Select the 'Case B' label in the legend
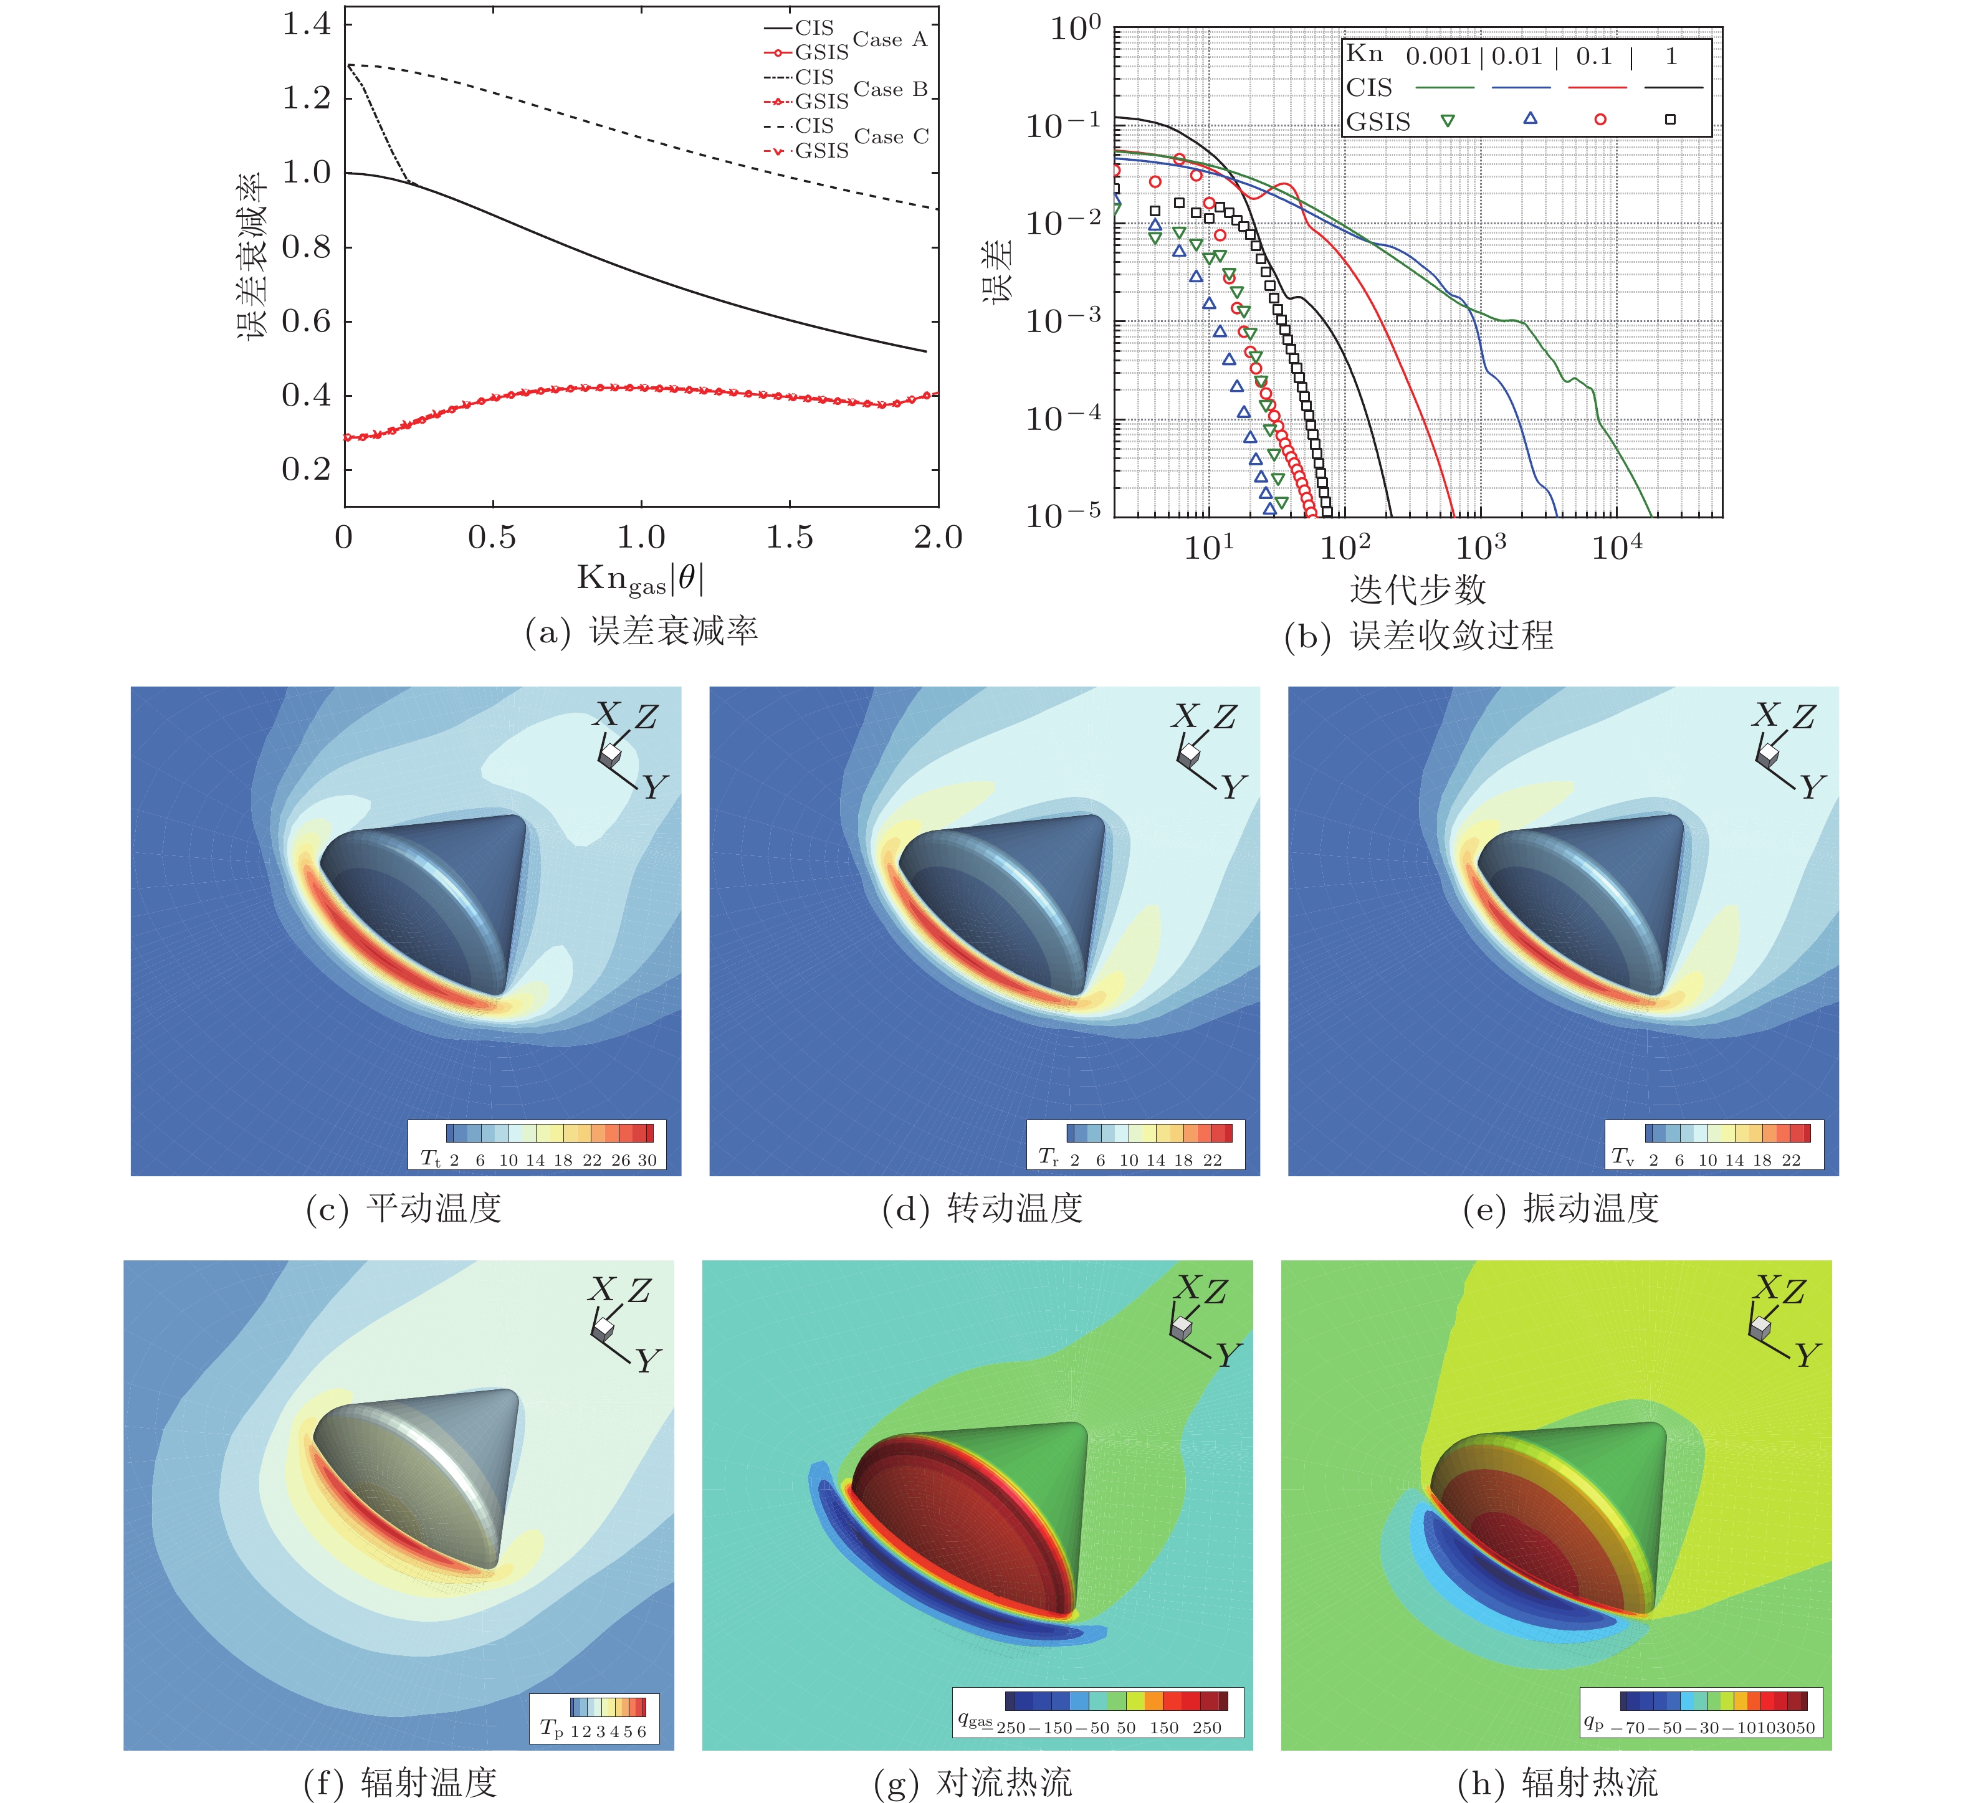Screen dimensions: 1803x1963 tap(890, 90)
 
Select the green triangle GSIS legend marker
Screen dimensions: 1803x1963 tap(1448, 121)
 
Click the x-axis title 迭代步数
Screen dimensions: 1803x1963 tap(1418, 589)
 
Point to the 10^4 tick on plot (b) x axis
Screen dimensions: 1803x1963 tap(1616, 548)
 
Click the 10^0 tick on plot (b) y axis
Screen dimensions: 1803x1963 tap(1075, 29)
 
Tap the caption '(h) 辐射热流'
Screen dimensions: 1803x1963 tap(1557, 1782)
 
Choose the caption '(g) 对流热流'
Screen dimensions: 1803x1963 tap(973, 1782)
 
